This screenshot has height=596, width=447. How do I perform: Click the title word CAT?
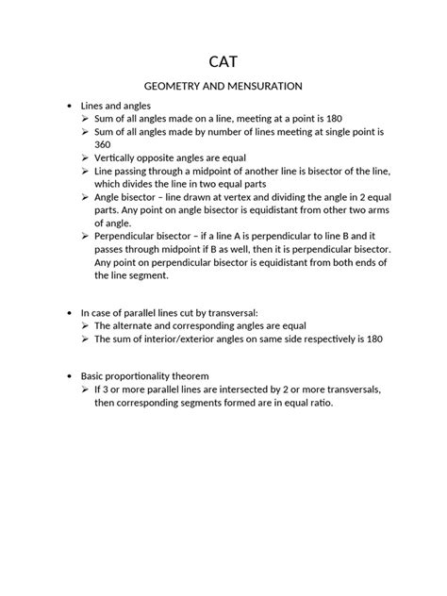pyautogui.click(x=223, y=60)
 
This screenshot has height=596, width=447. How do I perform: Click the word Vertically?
pyautogui.click(x=120, y=159)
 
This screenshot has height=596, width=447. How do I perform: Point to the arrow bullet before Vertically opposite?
pyautogui.click(x=86, y=159)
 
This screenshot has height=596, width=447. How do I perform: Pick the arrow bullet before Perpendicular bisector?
pyautogui.click(x=86, y=235)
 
